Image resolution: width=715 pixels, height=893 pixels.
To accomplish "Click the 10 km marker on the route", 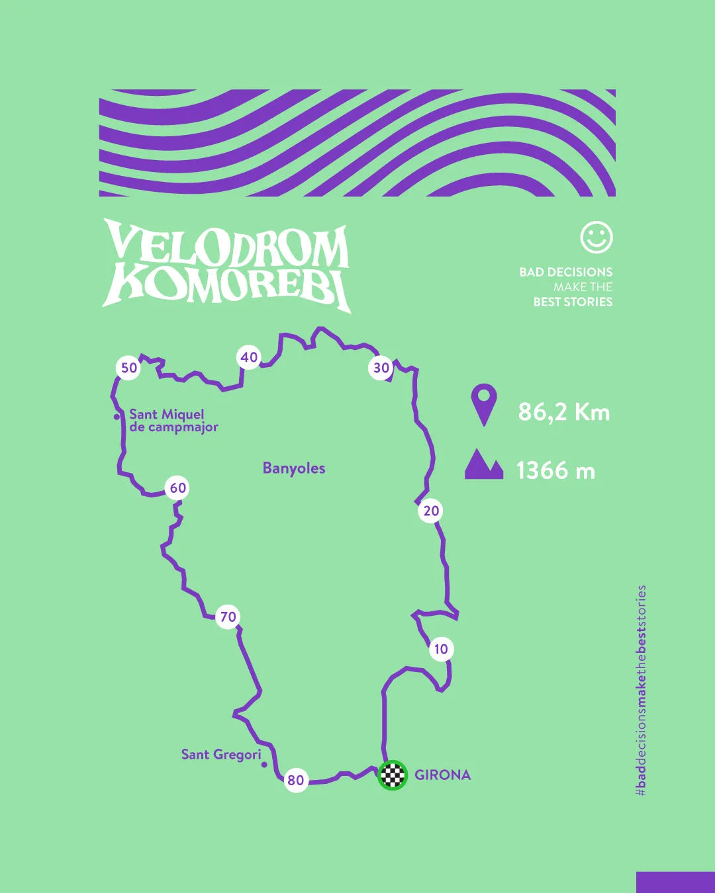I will coord(441,649).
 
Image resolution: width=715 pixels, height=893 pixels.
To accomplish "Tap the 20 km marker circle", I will coord(431,511).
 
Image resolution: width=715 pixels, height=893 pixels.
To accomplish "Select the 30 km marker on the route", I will coord(381,368).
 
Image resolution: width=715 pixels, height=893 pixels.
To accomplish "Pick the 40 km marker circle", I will coord(249,358).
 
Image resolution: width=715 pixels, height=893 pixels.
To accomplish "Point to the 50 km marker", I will coord(129,368).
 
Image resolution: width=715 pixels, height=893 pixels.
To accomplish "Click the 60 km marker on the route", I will coord(177,488).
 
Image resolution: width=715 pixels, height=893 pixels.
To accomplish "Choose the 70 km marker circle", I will coord(228,617).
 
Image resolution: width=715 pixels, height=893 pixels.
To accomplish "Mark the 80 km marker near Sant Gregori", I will coord(295,781).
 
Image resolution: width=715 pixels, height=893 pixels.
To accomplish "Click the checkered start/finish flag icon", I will coord(393,775).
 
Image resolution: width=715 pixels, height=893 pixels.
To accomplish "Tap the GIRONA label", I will coord(442,775).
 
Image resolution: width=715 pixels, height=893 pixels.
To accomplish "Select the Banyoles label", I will coord(294,468).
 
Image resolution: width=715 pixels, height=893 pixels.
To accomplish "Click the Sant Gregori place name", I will coord(221,754).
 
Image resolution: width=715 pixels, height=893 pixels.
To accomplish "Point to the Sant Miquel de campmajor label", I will coord(173,421).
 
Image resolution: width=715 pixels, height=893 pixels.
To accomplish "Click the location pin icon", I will coord(484,404).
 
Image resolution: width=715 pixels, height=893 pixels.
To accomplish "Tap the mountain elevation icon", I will coord(484,464).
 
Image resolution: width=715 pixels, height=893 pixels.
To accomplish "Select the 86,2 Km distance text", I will coord(563,412).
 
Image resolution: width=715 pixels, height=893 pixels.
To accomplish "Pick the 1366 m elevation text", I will coord(555,471).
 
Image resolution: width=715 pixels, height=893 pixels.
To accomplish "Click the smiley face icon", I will coord(596,237).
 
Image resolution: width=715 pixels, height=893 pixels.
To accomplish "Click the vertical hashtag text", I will coord(641,690).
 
